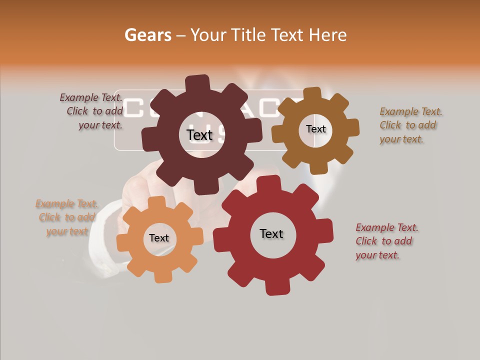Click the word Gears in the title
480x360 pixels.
pos(147,35)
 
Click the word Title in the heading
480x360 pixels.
pos(251,35)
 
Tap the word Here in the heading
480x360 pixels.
pos(328,35)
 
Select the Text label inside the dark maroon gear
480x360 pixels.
pos(199,134)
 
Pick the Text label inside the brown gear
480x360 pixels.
pos(315,129)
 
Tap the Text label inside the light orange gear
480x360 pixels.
pos(159,238)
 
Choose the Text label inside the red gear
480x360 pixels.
pos(271,233)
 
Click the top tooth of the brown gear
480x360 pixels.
pos(312,94)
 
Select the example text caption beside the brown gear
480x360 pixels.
pos(410,125)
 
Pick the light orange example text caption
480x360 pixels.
pos(66,217)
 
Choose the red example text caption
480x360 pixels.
pos(387,241)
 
